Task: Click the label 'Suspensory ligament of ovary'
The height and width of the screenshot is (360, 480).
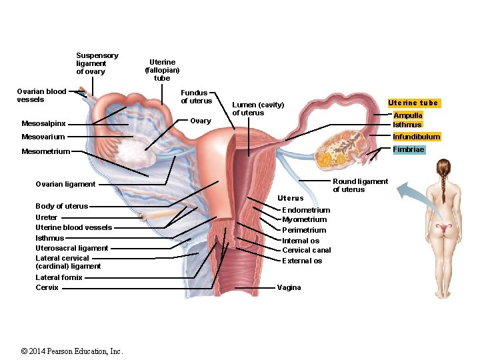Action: coord(97,63)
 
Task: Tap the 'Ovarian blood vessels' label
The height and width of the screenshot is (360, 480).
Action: coord(41,95)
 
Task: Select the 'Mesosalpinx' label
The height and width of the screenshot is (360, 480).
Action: coord(43,123)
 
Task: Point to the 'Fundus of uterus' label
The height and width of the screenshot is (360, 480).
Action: coord(196,97)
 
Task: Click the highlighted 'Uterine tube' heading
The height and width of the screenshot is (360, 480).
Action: coord(413,103)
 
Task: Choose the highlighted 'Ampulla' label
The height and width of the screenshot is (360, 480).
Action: coord(407,115)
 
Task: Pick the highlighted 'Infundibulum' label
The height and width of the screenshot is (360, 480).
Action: coord(416,137)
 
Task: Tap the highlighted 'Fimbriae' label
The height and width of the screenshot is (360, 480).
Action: coord(408,149)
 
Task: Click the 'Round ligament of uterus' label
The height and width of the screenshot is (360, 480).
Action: coord(360,185)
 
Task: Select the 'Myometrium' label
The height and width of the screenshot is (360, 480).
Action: coord(304,219)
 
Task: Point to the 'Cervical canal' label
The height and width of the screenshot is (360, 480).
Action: coord(306,250)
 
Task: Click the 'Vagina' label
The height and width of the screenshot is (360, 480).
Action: coord(289,287)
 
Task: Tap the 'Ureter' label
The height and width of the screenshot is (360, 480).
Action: coord(47,217)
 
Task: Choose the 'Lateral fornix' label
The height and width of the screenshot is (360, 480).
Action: coord(59,277)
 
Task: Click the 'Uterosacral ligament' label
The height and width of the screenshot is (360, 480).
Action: coord(71,248)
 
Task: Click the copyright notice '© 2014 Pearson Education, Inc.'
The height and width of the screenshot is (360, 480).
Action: coord(72,351)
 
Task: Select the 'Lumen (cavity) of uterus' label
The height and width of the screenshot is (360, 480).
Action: coord(258,109)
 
